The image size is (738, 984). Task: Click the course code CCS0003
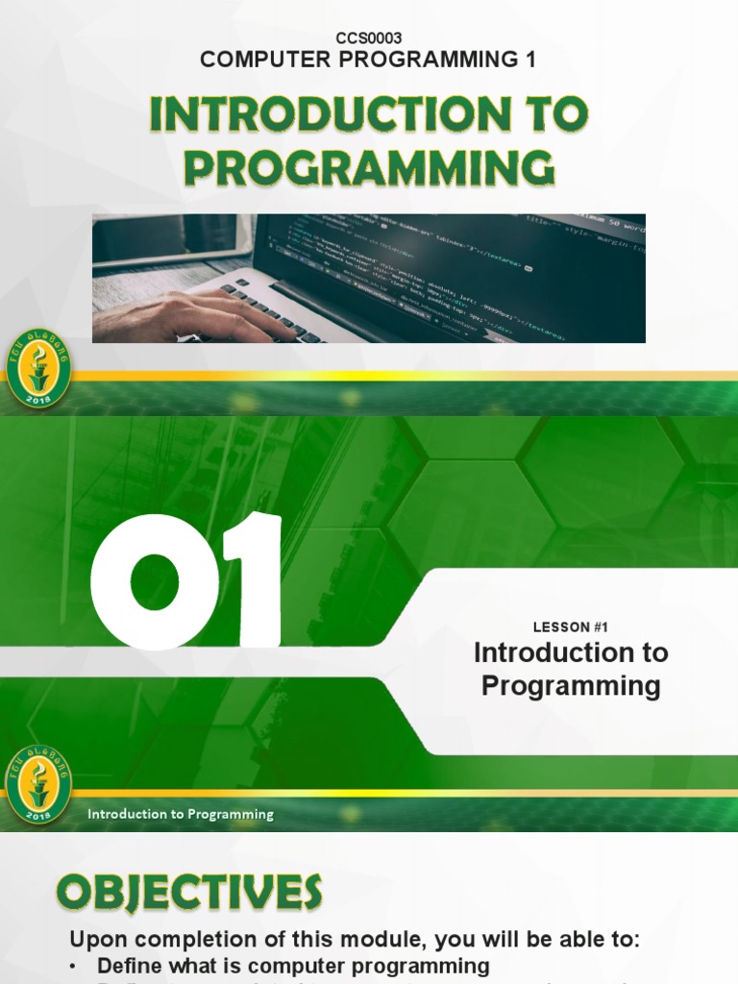click(369, 37)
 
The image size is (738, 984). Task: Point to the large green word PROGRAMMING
click(369, 168)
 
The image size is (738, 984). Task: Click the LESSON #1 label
click(571, 627)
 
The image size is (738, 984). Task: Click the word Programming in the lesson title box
click(571, 686)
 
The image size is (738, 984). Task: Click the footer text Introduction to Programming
click(181, 815)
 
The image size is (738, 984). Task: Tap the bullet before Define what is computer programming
click(76, 966)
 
